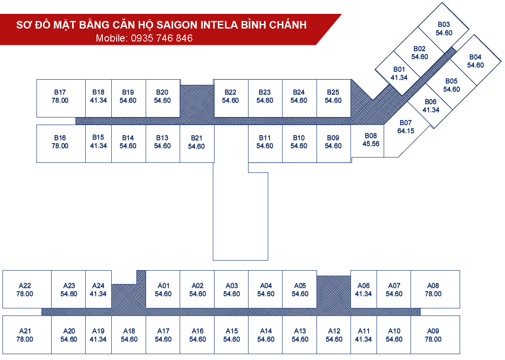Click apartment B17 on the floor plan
60,97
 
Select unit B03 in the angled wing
444,29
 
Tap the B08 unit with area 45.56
371,140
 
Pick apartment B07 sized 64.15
406,127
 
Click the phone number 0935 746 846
162,38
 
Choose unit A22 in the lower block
25,290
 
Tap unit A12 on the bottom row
334,335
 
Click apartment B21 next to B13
196,142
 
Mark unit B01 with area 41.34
399,73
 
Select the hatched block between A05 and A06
334,292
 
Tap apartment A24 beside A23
98,290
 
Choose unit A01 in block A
163,290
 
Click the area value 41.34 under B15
98,146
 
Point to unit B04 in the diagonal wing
476,61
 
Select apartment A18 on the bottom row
129,335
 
